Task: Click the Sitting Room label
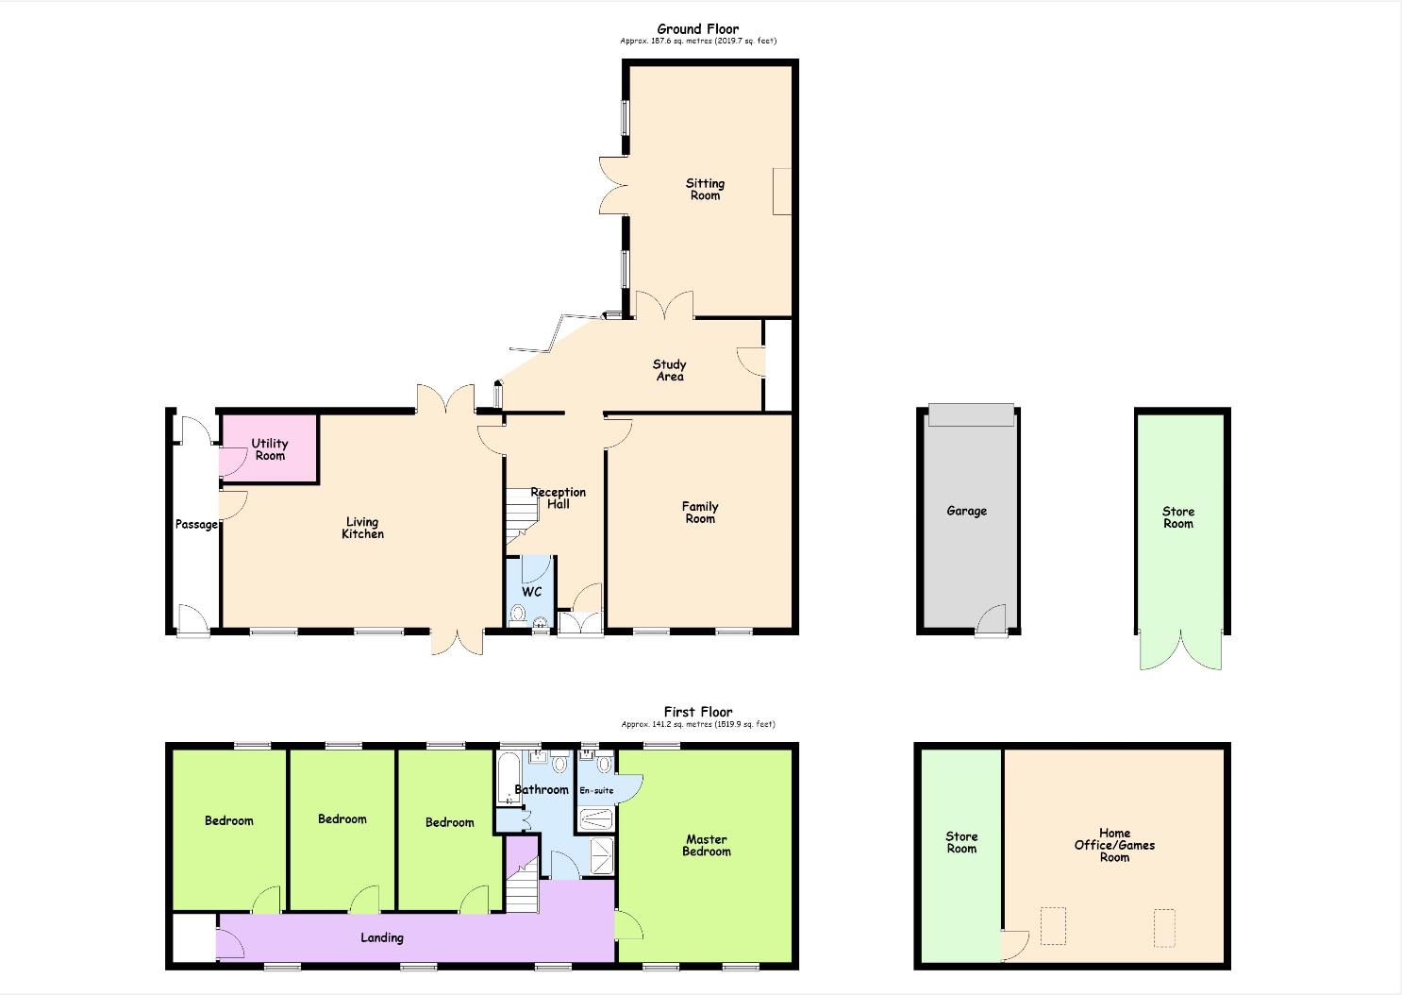[x=705, y=189]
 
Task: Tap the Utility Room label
[x=270, y=449]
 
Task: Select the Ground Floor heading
[x=698, y=29]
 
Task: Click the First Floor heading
[x=698, y=712]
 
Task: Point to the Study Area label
[x=670, y=370]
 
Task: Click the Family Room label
[x=700, y=513]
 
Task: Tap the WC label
[x=531, y=592]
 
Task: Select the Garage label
[x=967, y=511]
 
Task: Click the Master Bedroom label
[x=707, y=845]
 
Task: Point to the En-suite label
[x=596, y=790]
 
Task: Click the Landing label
[x=382, y=937]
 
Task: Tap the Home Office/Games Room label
[x=1115, y=845]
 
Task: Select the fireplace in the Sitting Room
[x=782, y=192]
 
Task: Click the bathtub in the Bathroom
[x=506, y=779]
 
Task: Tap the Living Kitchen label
[x=362, y=528]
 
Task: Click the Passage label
[x=196, y=524]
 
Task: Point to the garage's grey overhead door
[x=971, y=415]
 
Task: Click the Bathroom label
[x=542, y=789]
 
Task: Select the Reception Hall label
[x=559, y=497]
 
